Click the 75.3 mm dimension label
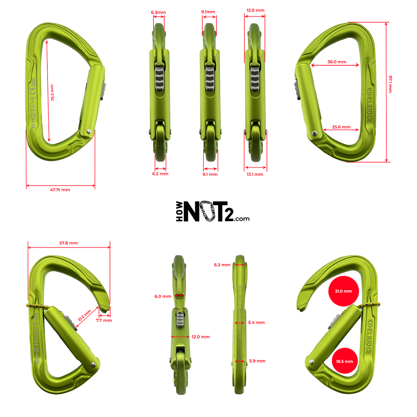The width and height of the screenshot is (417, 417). [52, 93]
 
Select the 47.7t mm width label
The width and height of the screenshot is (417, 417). [60, 190]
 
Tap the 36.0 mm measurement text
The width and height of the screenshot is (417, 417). [337, 62]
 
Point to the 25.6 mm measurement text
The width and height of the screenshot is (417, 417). [341, 127]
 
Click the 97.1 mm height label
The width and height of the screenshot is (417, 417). [390, 84]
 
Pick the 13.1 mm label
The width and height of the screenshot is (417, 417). [255, 174]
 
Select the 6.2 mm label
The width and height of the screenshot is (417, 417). [160, 174]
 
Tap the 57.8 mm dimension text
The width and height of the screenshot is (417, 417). [69, 243]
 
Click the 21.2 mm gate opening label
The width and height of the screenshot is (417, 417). [85, 315]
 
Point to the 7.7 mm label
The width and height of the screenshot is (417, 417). [104, 320]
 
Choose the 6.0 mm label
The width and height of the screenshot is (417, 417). [163, 296]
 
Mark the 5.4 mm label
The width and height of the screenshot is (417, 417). [256, 322]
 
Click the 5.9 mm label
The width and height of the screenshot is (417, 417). [257, 361]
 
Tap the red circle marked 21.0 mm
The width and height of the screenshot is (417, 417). [343, 291]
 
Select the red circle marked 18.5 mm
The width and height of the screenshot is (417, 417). [345, 361]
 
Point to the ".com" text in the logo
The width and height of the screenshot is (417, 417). [242, 219]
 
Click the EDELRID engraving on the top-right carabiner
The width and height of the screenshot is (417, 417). [369, 104]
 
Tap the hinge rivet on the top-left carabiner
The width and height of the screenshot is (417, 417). [89, 131]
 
